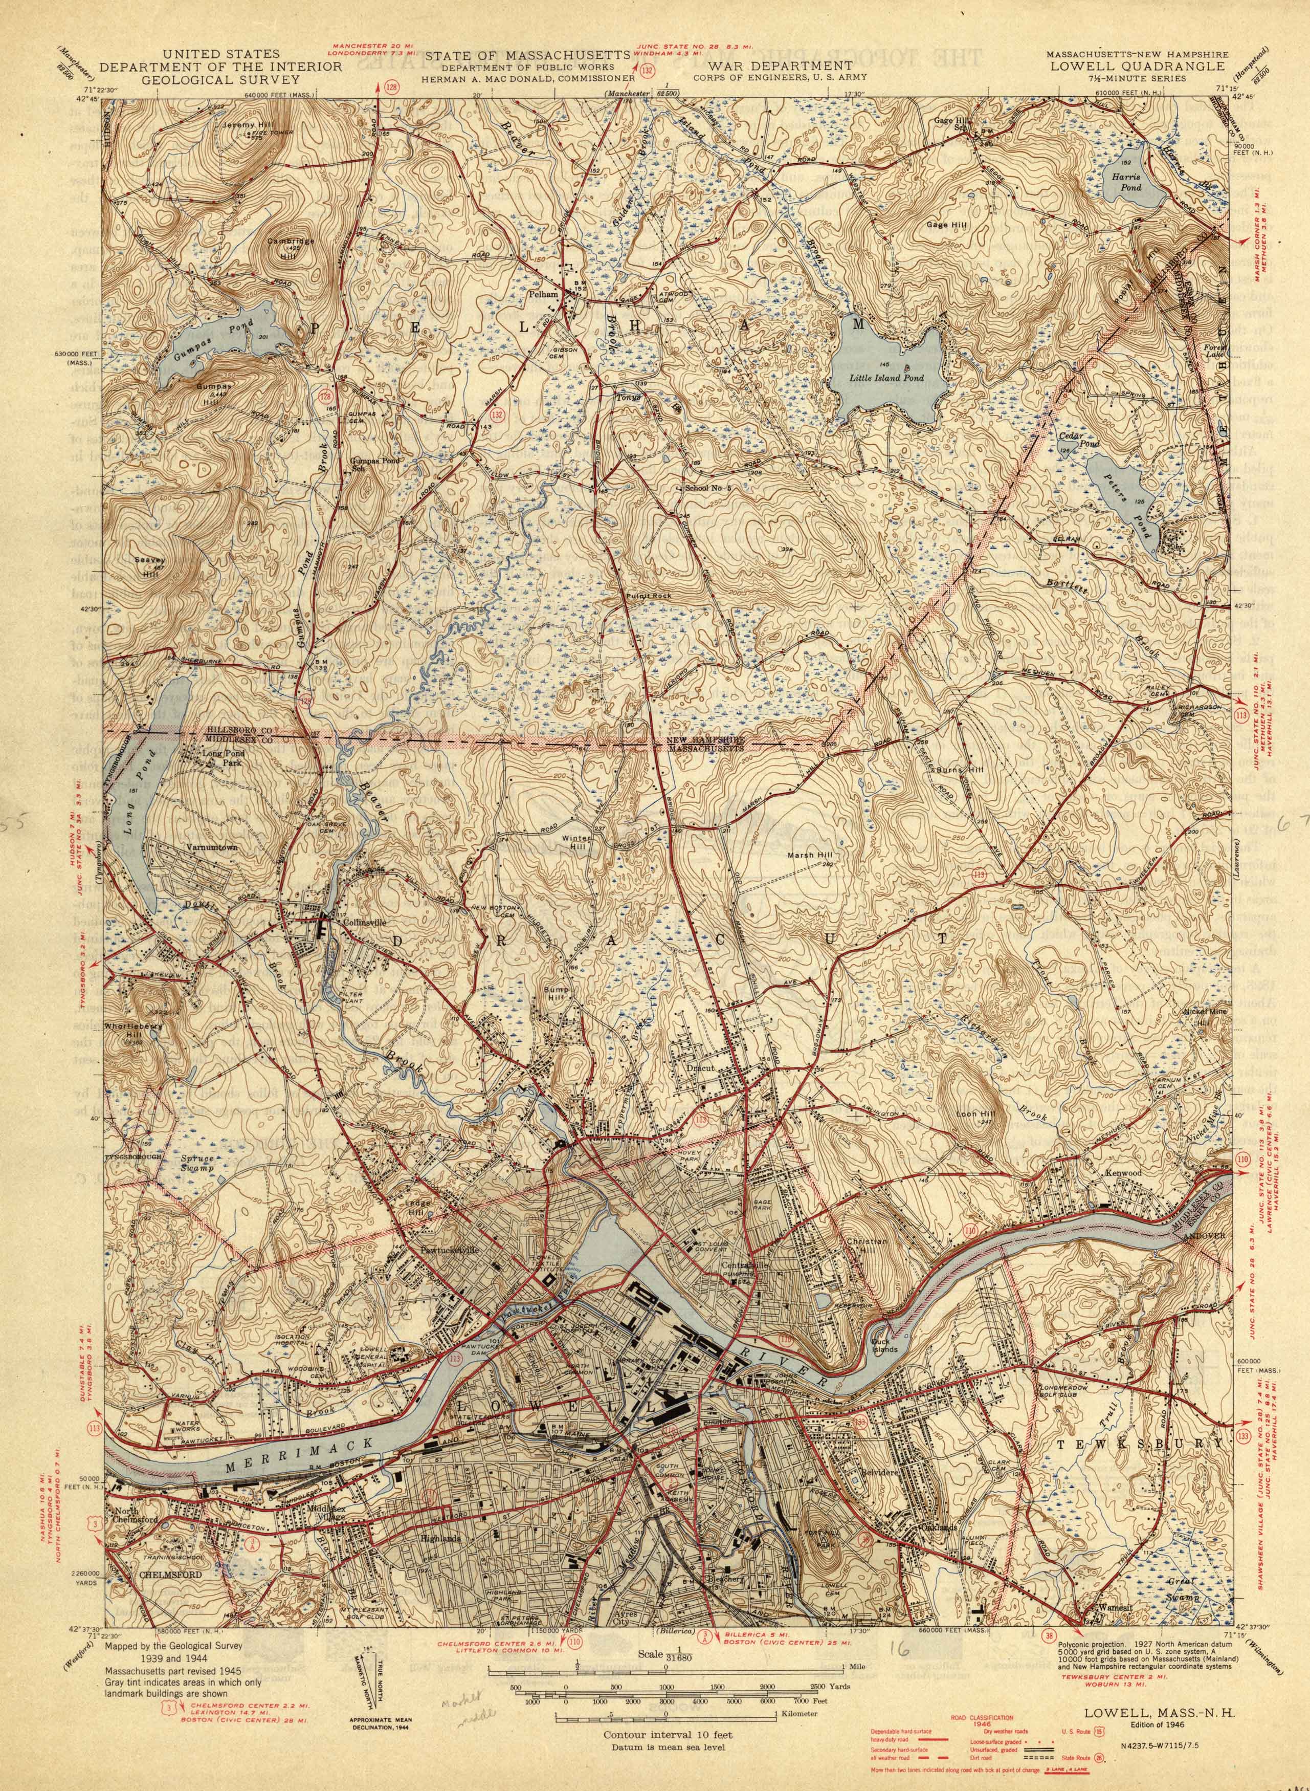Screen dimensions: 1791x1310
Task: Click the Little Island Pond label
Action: tap(886, 378)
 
